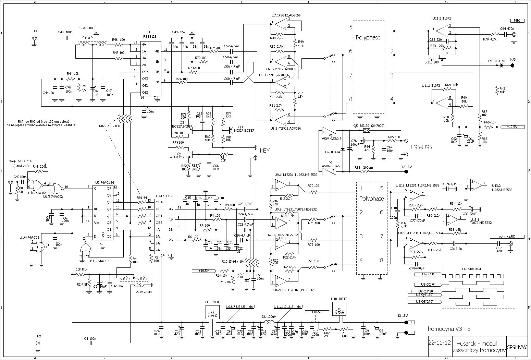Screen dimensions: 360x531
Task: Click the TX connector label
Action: [x=35, y=31]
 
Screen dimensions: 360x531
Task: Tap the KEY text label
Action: [x=265, y=150]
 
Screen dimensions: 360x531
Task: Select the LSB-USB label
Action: [x=421, y=147]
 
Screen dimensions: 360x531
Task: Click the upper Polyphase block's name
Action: [x=368, y=37]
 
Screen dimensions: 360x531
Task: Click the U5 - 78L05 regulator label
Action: [x=214, y=302]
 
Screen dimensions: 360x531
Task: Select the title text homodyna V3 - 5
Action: [x=449, y=329]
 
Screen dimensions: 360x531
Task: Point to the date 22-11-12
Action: [x=439, y=343]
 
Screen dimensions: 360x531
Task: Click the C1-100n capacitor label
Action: [x=90, y=338]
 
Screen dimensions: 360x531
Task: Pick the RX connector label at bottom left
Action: [x=39, y=336]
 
